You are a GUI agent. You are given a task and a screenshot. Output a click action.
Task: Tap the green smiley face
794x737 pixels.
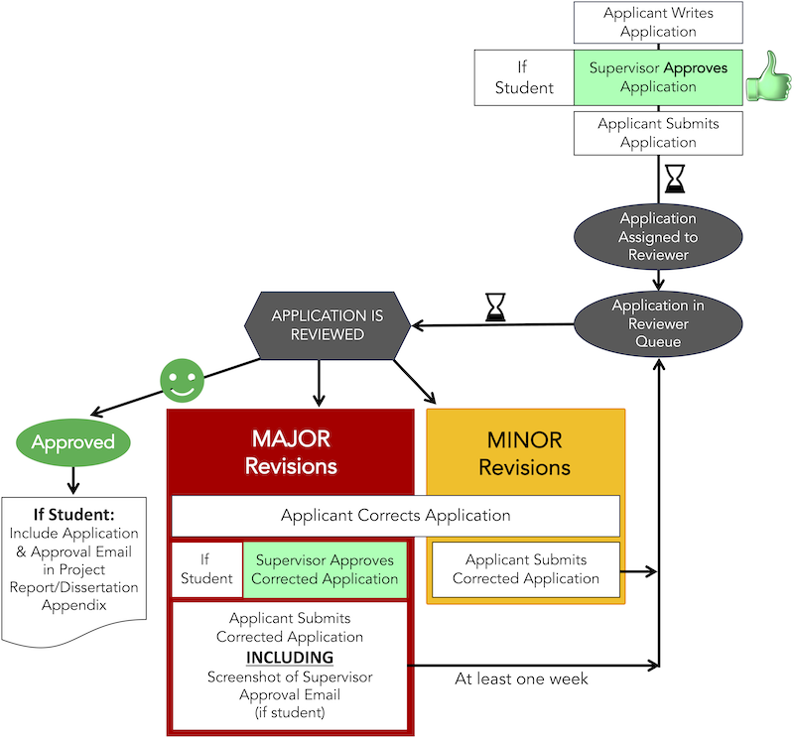(x=182, y=379)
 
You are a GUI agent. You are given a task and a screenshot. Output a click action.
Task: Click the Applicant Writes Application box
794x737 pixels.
(x=658, y=22)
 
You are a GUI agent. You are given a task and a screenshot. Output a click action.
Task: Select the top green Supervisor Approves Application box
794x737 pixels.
(x=658, y=77)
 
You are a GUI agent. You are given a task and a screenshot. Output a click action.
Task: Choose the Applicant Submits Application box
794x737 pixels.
(x=658, y=133)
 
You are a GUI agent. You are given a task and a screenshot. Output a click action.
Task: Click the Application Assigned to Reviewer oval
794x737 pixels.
(x=658, y=237)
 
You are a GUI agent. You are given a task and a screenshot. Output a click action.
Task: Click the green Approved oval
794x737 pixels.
(x=73, y=442)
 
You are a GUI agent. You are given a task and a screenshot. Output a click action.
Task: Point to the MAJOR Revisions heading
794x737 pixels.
(x=291, y=451)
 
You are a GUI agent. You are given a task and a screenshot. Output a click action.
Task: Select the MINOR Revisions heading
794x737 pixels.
(x=525, y=451)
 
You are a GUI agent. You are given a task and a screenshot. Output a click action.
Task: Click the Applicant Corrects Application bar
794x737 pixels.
(x=395, y=516)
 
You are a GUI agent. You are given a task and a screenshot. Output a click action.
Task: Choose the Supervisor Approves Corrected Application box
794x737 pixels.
(x=324, y=569)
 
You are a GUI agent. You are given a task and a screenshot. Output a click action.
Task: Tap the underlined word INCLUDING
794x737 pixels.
(x=290, y=658)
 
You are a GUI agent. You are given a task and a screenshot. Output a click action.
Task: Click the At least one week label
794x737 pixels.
(x=521, y=679)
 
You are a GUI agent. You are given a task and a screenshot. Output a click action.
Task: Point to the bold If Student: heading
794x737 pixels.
(x=74, y=516)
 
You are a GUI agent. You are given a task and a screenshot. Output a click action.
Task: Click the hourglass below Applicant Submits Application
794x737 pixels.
(x=675, y=179)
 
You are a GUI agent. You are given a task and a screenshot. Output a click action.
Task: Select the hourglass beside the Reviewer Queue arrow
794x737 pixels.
(x=494, y=307)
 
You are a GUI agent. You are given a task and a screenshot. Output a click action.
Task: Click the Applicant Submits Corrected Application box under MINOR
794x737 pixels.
(x=525, y=569)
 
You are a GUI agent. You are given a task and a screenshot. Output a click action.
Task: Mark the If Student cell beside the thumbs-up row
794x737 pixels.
(x=524, y=77)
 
